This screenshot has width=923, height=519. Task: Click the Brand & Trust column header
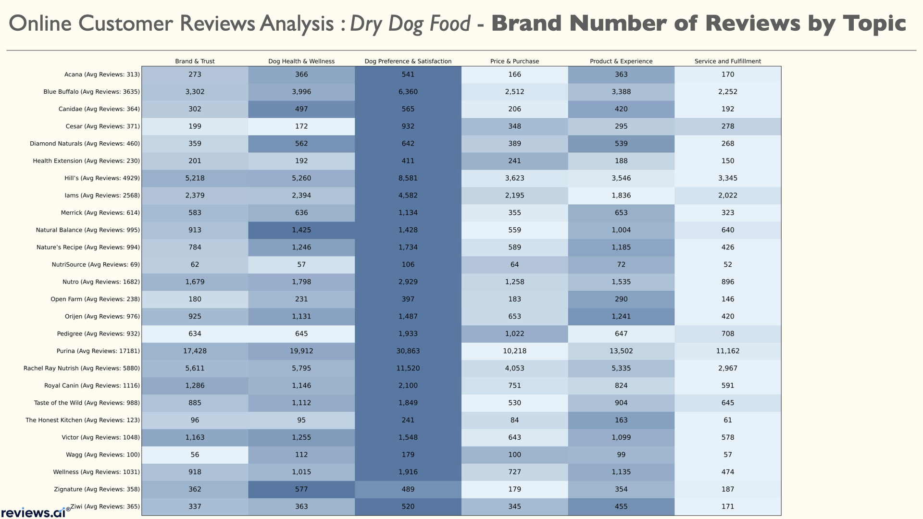tap(195, 61)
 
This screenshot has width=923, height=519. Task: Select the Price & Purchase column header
tap(514, 61)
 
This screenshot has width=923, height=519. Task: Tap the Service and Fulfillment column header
tap(727, 61)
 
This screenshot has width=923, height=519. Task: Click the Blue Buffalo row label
tap(91, 92)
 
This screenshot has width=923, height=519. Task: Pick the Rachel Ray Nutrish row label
tap(82, 369)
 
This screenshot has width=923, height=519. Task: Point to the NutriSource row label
tap(96, 265)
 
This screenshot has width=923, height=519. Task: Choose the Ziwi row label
tap(105, 507)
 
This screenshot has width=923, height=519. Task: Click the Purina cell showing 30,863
tap(408, 351)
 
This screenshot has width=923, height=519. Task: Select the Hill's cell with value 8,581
tap(408, 178)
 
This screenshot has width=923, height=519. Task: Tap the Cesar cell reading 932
tap(408, 126)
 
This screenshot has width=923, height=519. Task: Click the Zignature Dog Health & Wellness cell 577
tap(301, 489)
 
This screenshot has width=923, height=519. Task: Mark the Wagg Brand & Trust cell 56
tap(195, 455)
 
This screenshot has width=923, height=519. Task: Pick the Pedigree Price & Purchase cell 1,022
tap(514, 334)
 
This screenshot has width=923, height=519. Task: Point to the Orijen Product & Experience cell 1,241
tap(621, 316)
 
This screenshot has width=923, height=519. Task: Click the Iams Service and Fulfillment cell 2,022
tap(727, 196)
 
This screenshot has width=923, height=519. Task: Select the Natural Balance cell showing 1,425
tap(301, 230)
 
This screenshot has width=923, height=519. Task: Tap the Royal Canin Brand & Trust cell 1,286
tap(195, 385)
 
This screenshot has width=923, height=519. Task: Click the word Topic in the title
tap(873, 24)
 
